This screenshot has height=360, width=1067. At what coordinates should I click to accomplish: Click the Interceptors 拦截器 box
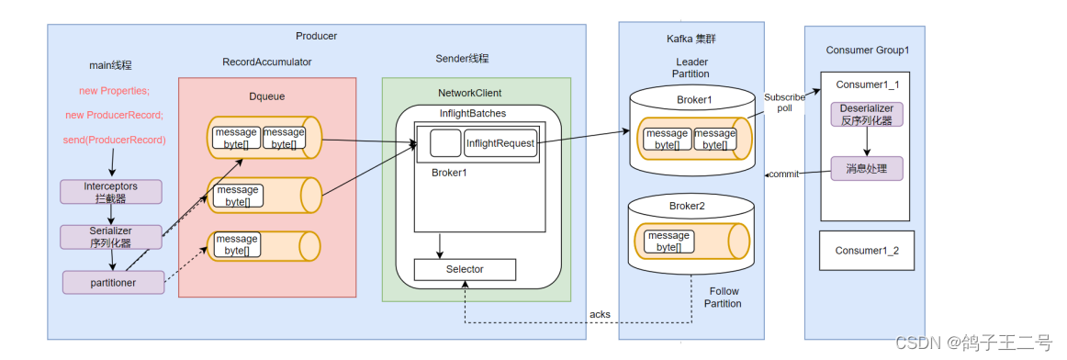tap(112, 192)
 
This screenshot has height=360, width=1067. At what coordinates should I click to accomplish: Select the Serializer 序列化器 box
tap(112, 237)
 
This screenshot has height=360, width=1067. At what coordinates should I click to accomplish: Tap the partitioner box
tap(114, 282)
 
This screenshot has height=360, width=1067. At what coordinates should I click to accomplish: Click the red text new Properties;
tap(114, 91)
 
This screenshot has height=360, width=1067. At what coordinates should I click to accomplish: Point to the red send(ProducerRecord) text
tap(114, 141)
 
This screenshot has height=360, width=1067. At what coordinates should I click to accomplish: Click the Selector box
tap(465, 269)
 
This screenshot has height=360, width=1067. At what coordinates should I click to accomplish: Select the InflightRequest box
tap(500, 143)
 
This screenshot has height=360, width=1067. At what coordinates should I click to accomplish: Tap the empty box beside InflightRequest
tap(445, 143)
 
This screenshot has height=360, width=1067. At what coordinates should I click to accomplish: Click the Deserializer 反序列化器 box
tap(866, 114)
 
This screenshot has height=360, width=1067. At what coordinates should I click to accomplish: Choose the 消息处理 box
tap(866, 168)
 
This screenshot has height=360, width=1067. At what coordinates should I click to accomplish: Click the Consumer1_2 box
tap(866, 251)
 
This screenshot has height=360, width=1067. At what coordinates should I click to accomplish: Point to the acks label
tap(600, 314)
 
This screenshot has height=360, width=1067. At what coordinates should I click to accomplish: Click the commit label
tap(784, 174)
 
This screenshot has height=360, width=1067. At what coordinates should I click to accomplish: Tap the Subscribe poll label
tap(784, 102)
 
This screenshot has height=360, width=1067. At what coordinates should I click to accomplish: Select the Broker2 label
tap(690, 205)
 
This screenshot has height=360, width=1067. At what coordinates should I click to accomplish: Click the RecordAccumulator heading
tap(266, 62)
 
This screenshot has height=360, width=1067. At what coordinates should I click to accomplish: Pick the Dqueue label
tap(266, 96)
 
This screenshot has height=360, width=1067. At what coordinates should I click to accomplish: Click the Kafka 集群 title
tap(691, 39)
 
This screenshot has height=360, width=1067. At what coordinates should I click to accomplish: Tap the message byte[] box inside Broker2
tap(669, 241)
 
